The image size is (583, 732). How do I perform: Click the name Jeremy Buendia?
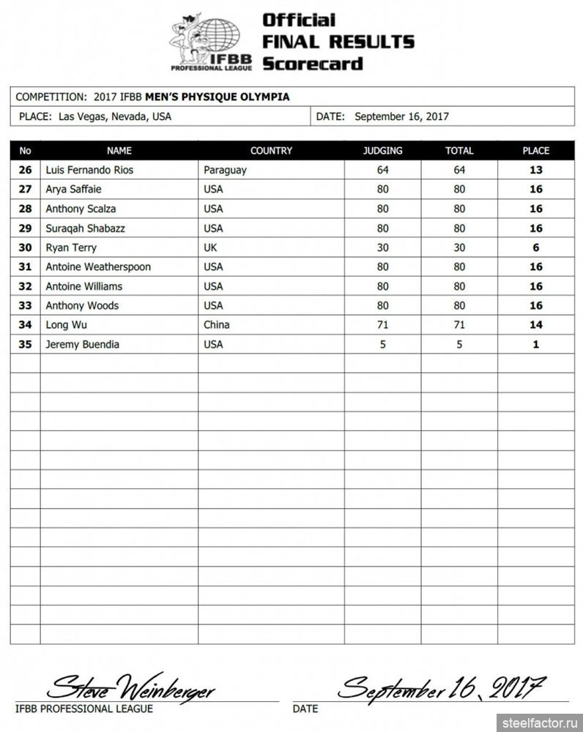point(82,344)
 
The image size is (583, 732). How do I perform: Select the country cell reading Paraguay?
point(225,170)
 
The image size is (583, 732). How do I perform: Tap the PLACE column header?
point(535,151)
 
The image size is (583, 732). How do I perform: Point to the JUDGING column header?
point(382,151)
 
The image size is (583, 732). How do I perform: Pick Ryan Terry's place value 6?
point(535,247)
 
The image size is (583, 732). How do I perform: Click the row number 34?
point(26,325)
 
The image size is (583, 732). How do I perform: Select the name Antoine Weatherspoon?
point(98,266)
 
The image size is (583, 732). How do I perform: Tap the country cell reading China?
point(217,325)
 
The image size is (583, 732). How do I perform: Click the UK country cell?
point(210,247)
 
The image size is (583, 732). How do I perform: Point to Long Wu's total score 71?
point(459,325)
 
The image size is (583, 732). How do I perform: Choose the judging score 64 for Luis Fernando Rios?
point(382,170)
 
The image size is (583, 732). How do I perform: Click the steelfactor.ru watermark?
point(541,722)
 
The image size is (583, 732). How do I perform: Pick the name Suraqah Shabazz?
point(85,228)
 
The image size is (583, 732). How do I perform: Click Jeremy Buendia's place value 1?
point(535,344)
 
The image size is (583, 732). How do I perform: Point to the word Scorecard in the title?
point(313,64)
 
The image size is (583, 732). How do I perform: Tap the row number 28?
point(26,209)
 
